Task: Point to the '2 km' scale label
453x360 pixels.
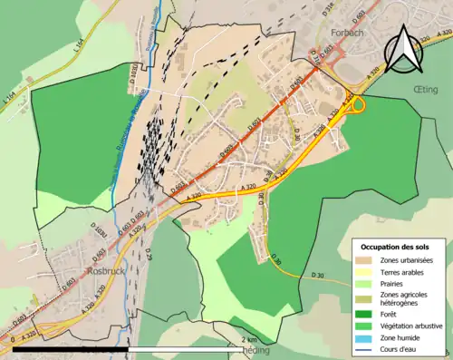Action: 248,339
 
